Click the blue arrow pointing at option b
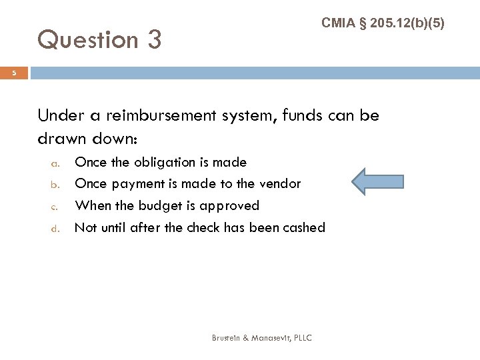tap(377, 183)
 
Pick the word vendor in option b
tap(280, 183)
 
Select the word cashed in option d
tap(303, 227)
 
